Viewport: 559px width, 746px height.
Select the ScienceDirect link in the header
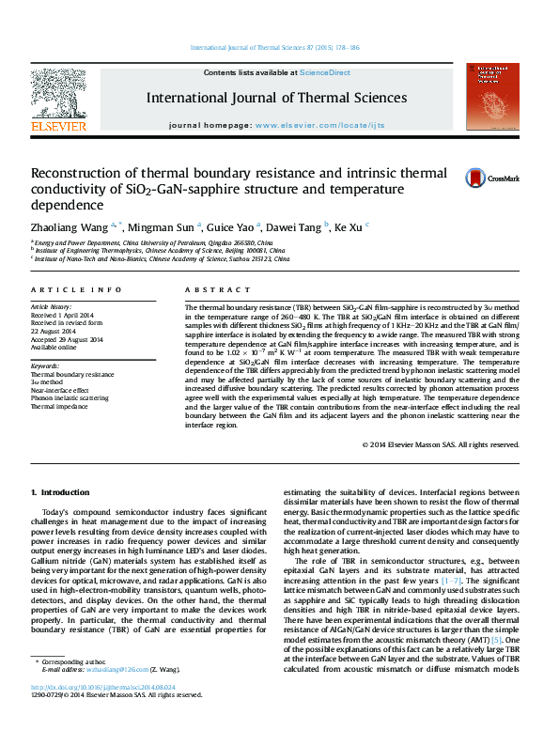coord(324,72)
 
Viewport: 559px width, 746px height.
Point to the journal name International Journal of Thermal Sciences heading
coord(275,98)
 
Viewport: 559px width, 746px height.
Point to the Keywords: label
coord(45,365)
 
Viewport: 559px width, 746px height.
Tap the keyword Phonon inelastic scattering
coord(70,398)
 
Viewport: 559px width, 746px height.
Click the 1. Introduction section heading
coord(60,492)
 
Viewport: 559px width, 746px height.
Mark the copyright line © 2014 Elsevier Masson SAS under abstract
coord(439,443)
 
